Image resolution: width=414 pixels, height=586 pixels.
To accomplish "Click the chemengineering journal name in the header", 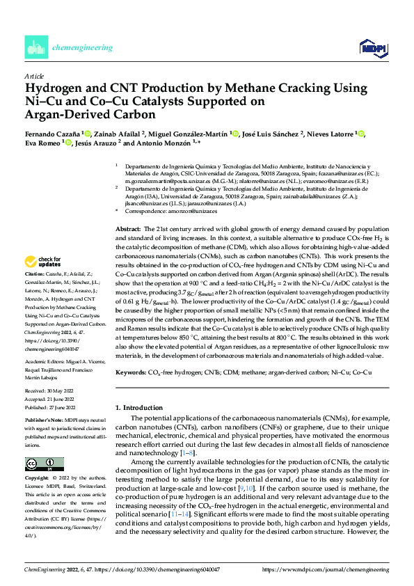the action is [82, 47].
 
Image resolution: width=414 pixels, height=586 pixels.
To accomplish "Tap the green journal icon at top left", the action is [35, 47].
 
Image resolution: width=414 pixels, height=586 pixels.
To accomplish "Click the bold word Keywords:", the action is [129, 374].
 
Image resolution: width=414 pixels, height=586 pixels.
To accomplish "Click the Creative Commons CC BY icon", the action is [41, 464].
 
